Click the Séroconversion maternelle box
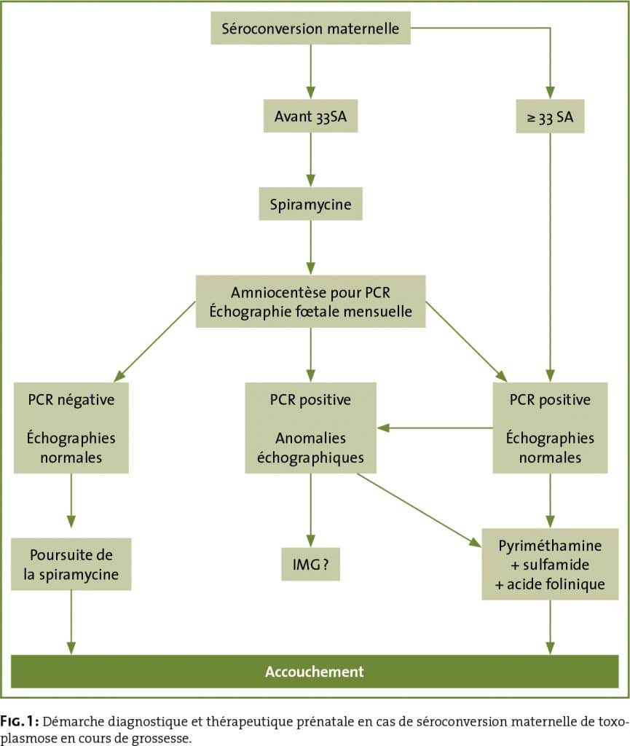[x=310, y=28]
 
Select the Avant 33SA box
[x=310, y=116]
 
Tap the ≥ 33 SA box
[x=550, y=116]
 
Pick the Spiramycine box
[x=310, y=204]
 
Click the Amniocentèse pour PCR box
[x=310, y=301]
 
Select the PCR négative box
[x=71, y=428]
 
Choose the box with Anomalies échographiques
[x=310, y=428]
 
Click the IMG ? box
[x=310, y=565]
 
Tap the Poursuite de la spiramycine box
[x=71, y=565]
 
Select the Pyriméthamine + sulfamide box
[x=550, y=565]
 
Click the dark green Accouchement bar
[x=315, y=671]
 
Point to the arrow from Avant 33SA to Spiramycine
[x=310, y=160]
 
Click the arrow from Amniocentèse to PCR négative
[x=155, y=342]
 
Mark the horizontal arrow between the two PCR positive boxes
[x=435, y=428]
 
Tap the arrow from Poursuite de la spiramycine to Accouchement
[x=71, y=623]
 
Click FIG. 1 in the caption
[x=19, y=721]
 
